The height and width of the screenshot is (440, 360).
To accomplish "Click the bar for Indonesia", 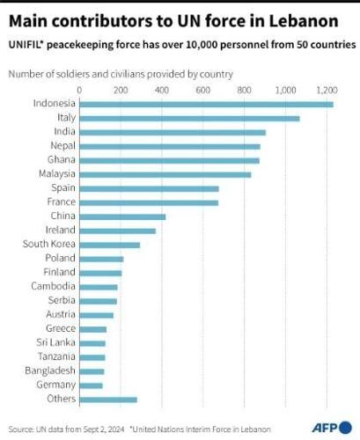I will point(206,105).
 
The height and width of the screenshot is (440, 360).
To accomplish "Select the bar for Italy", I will point(189,119).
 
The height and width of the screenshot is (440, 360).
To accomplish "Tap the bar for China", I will point(122,216).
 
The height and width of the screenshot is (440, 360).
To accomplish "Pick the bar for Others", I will point(108,400).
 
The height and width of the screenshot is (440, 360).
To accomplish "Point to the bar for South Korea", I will point(110,245).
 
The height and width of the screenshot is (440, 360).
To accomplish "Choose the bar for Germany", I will point(92,385).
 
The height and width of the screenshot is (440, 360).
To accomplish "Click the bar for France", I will point(149,202).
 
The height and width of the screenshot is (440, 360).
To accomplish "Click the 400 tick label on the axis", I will point(162,90).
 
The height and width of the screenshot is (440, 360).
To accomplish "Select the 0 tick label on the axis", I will point(80,90).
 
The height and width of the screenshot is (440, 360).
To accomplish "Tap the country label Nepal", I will point(61,146).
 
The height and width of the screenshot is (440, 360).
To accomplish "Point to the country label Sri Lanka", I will point(55,342).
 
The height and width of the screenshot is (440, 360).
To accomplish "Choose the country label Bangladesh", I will point(50,370).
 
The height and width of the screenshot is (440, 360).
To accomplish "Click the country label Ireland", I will point(60,231).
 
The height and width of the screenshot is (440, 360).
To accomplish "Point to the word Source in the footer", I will point(20,428).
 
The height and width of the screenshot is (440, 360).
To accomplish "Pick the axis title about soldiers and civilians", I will point(121,74).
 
